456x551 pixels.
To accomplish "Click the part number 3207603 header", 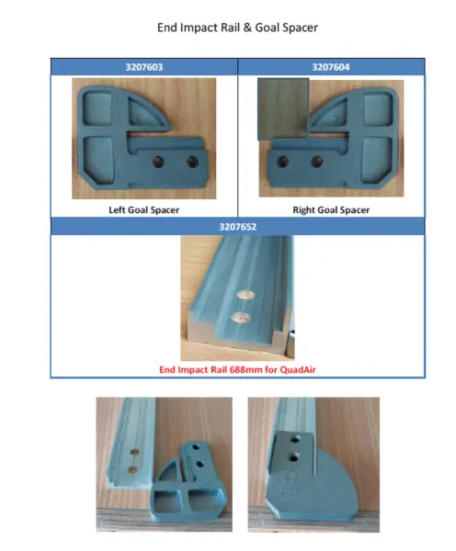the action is click(144, 67).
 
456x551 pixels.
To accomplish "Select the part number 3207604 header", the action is click(331, 67).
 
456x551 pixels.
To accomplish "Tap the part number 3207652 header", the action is click(238, 227).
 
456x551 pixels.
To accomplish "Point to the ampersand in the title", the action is click(247, 28).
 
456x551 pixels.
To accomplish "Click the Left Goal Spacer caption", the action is click(144, 209).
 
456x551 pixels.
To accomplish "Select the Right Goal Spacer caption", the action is click(331, 209).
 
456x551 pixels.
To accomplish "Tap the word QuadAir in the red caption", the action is click(298, 370).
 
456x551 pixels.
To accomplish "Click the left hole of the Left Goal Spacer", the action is click(158, 162).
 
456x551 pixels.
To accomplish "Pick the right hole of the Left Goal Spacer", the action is click(192, 162).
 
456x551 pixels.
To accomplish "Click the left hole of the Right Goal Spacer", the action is click(283, 162).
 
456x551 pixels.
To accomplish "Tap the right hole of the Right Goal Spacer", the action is click(317, 162).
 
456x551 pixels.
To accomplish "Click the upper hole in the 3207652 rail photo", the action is click(245, 295).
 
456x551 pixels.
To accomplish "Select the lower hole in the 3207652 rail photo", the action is click(241, 318).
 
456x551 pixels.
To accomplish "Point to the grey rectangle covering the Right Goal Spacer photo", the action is click(283, 109).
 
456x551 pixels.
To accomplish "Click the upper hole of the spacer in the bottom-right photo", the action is click(295, 439).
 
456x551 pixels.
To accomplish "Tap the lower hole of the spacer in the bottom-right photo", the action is click(293, 457).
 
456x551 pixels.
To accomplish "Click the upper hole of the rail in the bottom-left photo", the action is click(134, 452).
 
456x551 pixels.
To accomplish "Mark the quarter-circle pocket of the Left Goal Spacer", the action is click(145, 112).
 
